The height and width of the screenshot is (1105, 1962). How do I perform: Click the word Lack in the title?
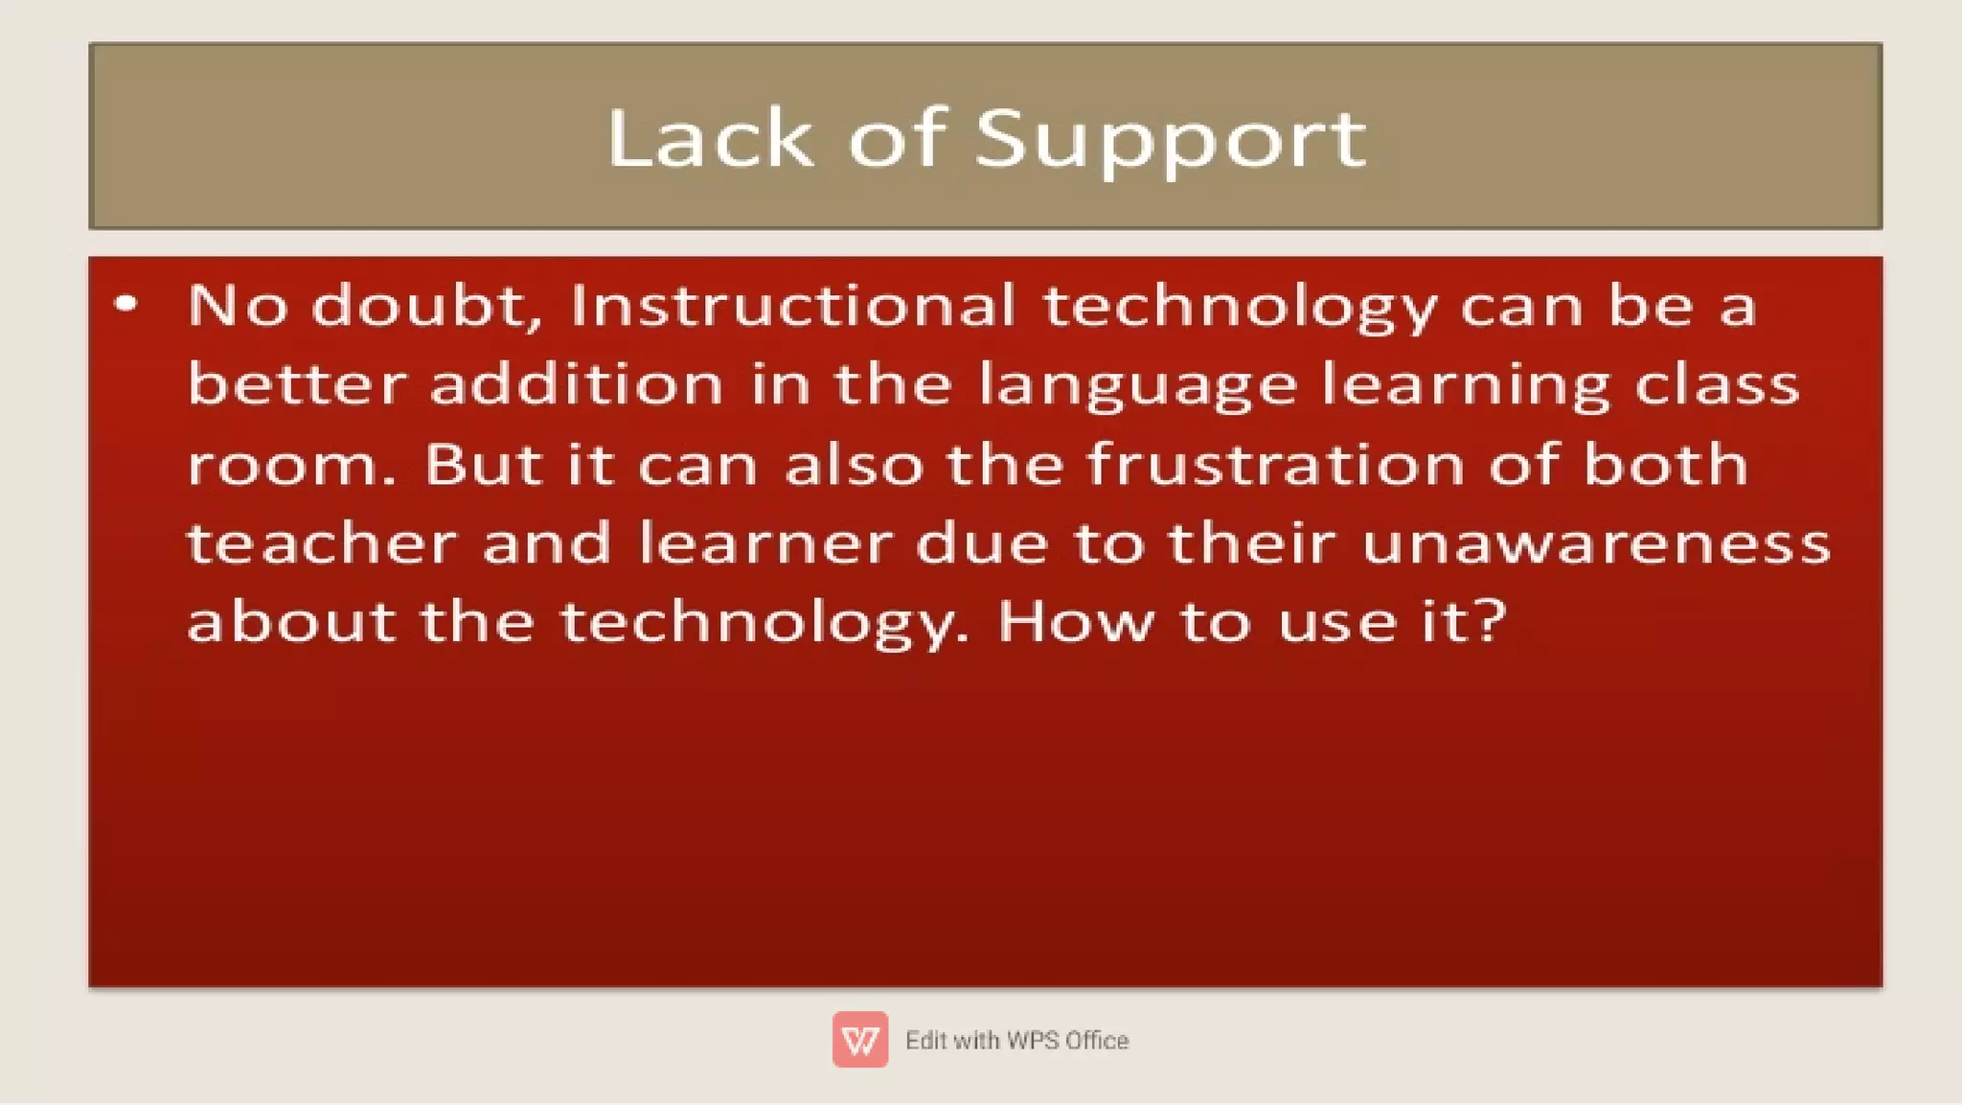[x=710, y=139]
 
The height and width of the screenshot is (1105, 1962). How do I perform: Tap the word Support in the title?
[x=1171, y=141]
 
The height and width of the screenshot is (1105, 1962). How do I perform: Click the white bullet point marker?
[x=125, y=305]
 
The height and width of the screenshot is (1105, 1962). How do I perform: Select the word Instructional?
[x=791, y=306]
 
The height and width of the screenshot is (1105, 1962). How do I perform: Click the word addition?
[x=576, y=384]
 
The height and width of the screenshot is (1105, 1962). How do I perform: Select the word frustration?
[x=1276, y=464]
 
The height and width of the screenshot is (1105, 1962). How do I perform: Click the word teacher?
[x=321, y=543]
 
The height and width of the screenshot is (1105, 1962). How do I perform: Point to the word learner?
[x=765, y=543]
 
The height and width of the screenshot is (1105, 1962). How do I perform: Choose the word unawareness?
[x=1595, y=543]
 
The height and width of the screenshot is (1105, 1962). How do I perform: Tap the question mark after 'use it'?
[x=1492, y=621]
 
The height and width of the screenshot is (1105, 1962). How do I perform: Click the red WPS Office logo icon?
[x=859, y=1039]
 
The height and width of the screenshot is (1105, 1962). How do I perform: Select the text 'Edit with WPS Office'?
[x=1016, y=1040]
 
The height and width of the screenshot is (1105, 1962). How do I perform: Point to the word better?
[x=296, y=384]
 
